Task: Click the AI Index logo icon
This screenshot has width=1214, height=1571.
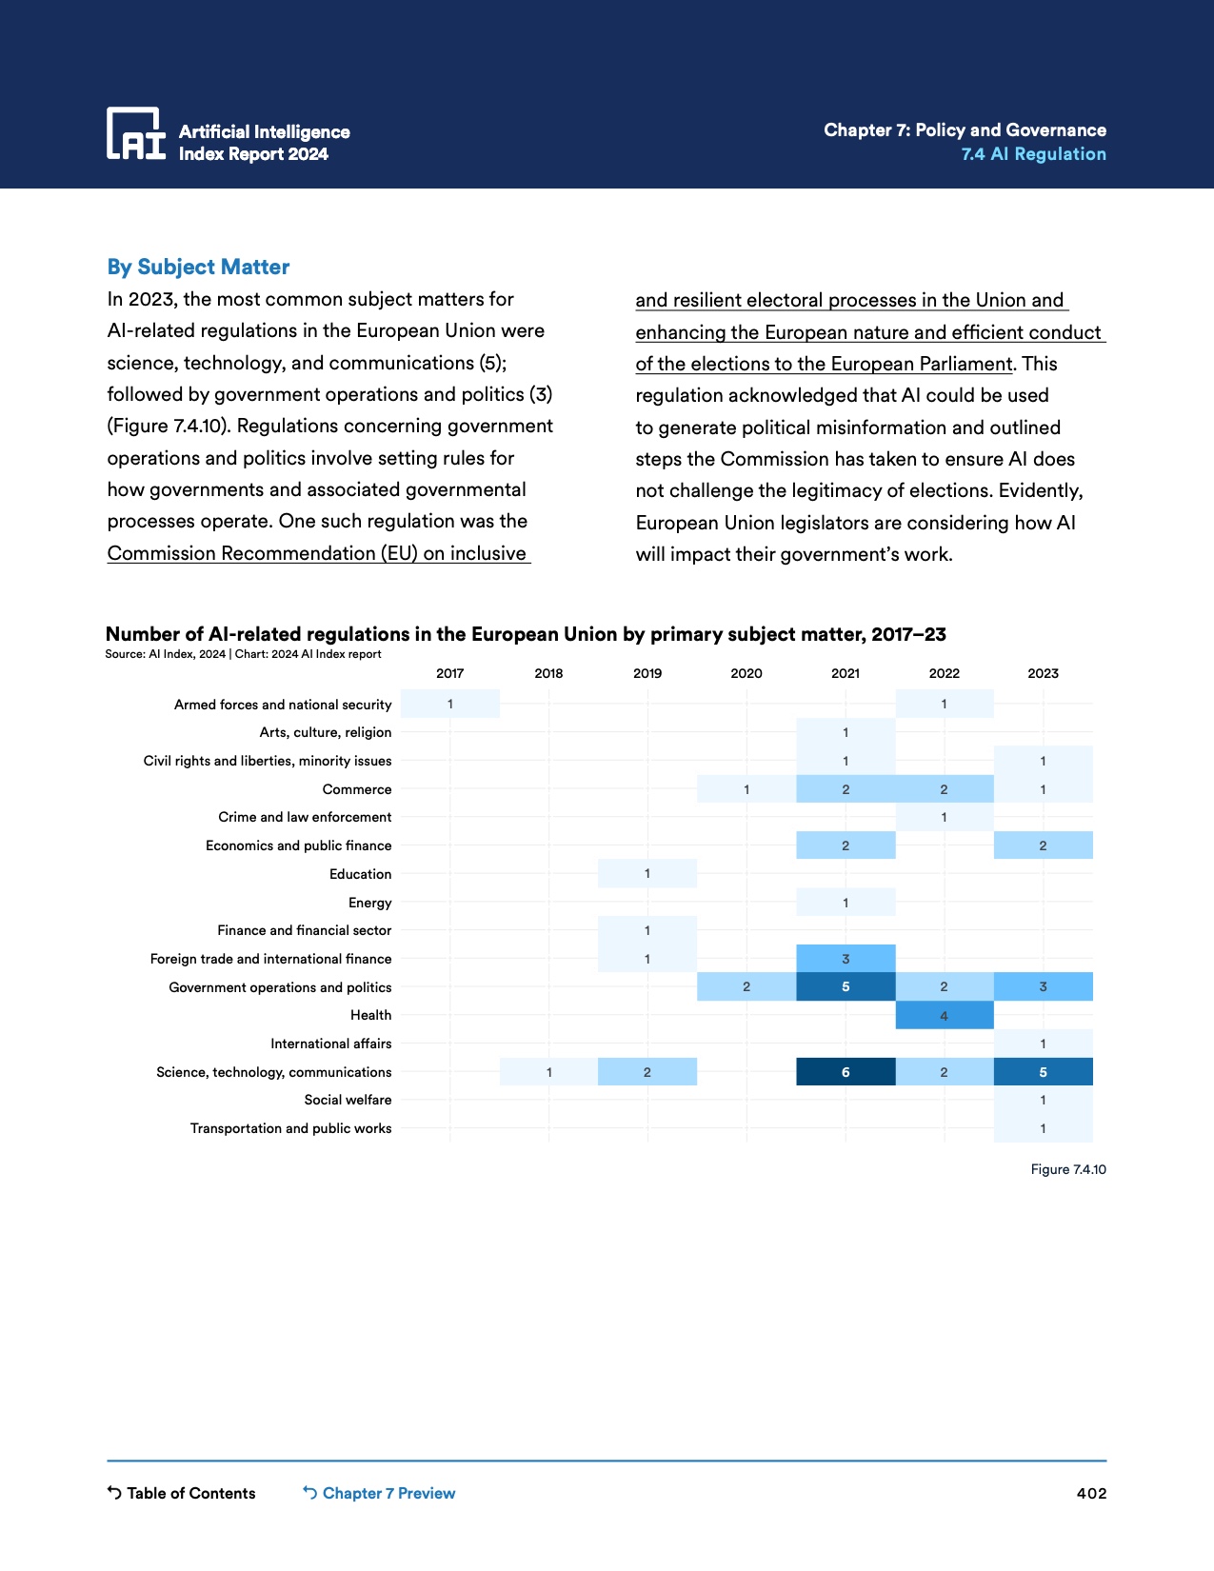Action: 135,133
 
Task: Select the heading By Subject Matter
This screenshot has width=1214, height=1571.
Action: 198,268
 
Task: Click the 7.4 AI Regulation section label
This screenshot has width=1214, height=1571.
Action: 1033,154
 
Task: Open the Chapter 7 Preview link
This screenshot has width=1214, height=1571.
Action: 379,1493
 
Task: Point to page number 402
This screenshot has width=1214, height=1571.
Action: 1091,1493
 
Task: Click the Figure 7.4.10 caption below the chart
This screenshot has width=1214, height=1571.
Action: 1067,1169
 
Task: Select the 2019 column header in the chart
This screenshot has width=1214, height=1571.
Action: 647,673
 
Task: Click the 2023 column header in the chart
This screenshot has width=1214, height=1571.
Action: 1043,673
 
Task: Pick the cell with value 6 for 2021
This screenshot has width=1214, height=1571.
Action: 846,1072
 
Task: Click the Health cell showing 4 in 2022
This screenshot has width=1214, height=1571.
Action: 944,1016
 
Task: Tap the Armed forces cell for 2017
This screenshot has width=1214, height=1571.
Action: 450,705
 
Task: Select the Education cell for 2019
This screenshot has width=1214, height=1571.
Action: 647,874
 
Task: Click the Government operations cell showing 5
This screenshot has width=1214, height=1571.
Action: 846,987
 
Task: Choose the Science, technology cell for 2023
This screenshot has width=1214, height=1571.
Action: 1043,1072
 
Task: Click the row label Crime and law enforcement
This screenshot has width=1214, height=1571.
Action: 305,817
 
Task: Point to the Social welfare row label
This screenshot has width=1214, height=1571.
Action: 348,1100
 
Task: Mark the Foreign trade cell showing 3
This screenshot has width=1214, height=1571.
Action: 846,959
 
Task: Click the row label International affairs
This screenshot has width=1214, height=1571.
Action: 330,1044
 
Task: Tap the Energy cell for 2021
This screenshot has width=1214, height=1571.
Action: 846,903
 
